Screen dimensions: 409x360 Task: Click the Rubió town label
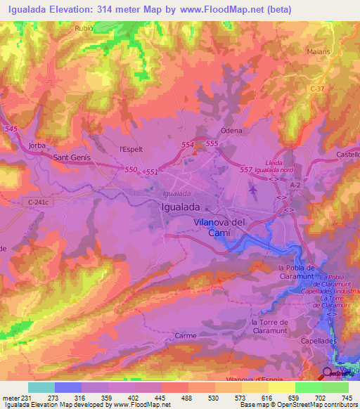[84, 30]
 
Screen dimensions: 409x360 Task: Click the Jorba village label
[37, 145]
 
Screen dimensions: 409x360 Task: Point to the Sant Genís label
[72, 159]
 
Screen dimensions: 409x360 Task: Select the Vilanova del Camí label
[229, 228]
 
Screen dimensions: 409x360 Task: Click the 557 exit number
[245, 170]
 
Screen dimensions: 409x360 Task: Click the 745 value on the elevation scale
[347, 398]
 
